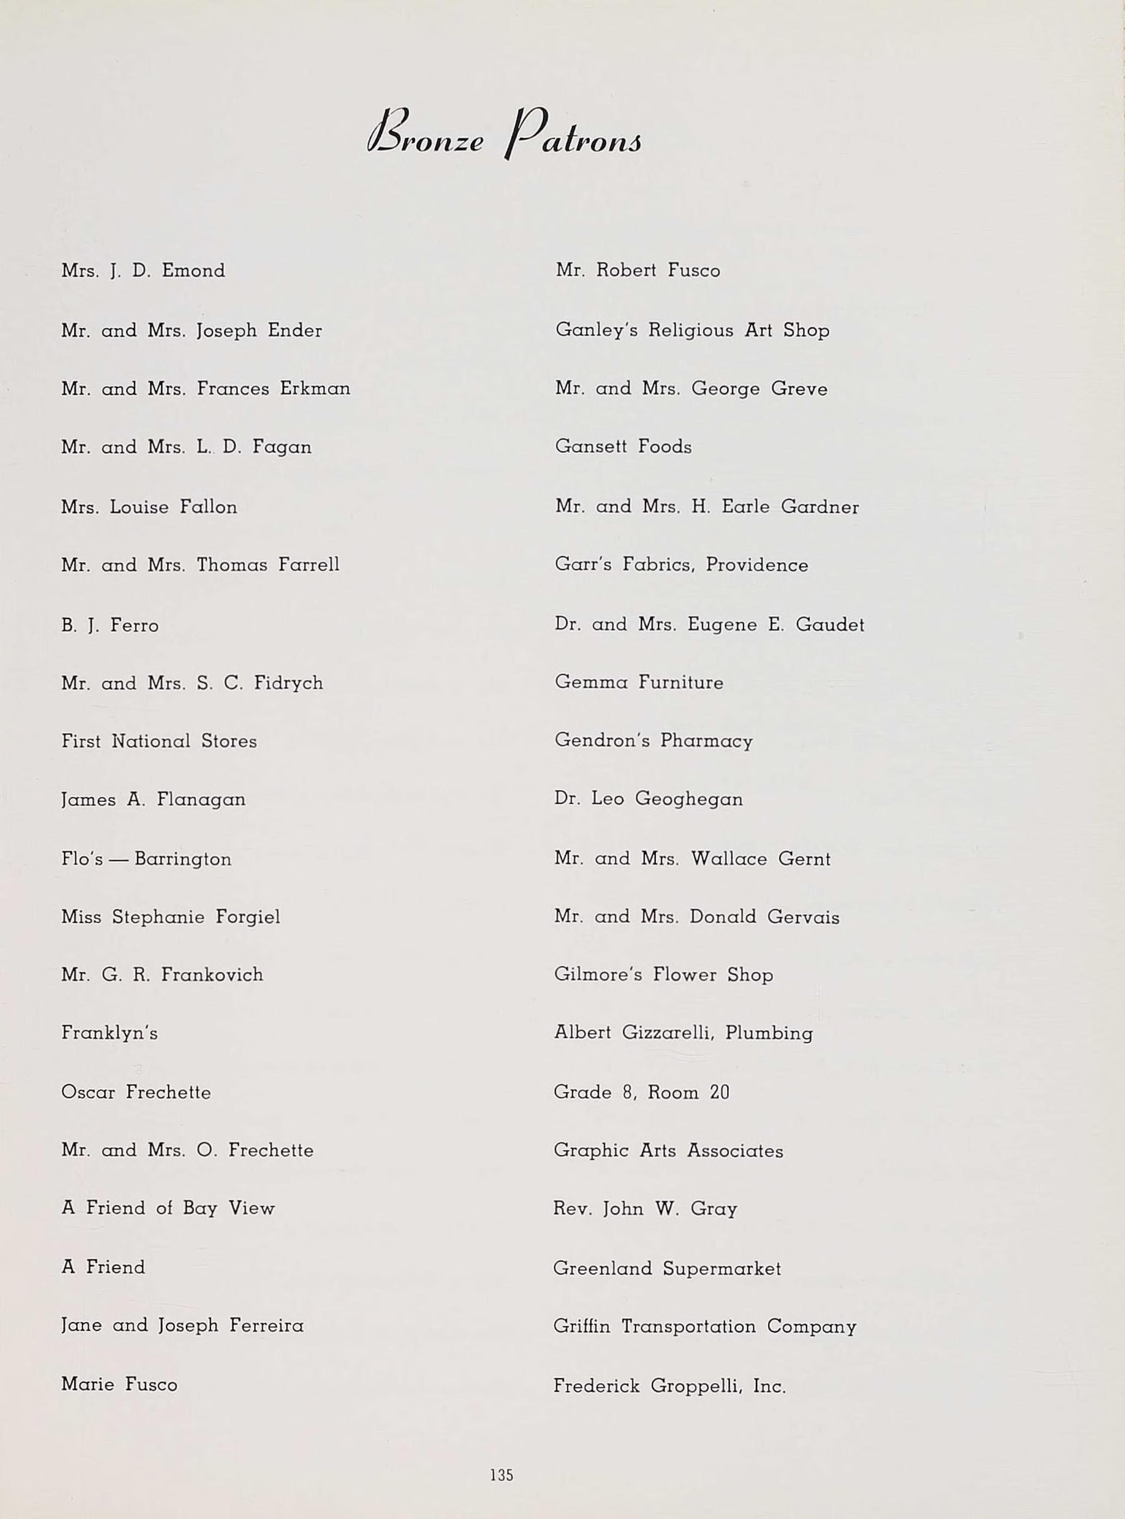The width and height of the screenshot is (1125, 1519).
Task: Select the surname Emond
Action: click(x=193, y=271)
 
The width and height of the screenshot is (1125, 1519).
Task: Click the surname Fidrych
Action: click(x=288, y=682)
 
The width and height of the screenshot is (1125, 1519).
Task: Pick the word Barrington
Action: click(x=183, y=858)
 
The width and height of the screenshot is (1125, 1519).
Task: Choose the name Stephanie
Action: click(x=158, y=917)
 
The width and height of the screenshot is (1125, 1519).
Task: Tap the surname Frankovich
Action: click(x=212, y=975)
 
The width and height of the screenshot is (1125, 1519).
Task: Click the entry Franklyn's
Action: click(x=109, y=1033)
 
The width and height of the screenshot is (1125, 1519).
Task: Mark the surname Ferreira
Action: click(x=266, y=1325)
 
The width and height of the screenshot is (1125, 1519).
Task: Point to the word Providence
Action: click(x=757, y=565)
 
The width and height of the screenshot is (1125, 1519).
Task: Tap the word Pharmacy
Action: click(x=706, y=740)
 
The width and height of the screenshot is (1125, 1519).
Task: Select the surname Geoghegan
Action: click(x=688, y=798)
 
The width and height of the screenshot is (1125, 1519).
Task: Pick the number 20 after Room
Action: click(x=719, y=1092)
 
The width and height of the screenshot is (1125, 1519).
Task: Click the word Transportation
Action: click(x=688, y=1326)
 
